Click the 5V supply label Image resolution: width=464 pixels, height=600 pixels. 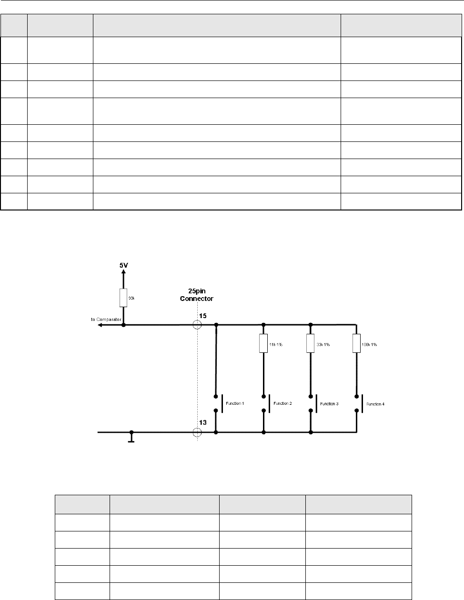(123, 264)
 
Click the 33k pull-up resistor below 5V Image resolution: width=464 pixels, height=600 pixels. (123, 298)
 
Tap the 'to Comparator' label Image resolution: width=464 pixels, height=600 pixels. (106, 319)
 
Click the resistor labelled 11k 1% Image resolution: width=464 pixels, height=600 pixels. (263, 343)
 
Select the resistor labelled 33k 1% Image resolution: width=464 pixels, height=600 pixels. (311, 343)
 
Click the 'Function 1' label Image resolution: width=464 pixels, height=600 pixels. (235, 403)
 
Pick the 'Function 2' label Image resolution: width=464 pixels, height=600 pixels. (282, 403)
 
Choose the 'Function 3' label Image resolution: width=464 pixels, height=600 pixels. (329, 403)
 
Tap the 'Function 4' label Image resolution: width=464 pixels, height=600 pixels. (375, 404)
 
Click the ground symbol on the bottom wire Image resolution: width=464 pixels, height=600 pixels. (132, 438)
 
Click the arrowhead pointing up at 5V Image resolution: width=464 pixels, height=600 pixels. (123, 273)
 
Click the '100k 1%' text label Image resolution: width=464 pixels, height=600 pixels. (369, 344)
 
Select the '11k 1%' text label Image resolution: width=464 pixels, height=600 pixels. (275, 344)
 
